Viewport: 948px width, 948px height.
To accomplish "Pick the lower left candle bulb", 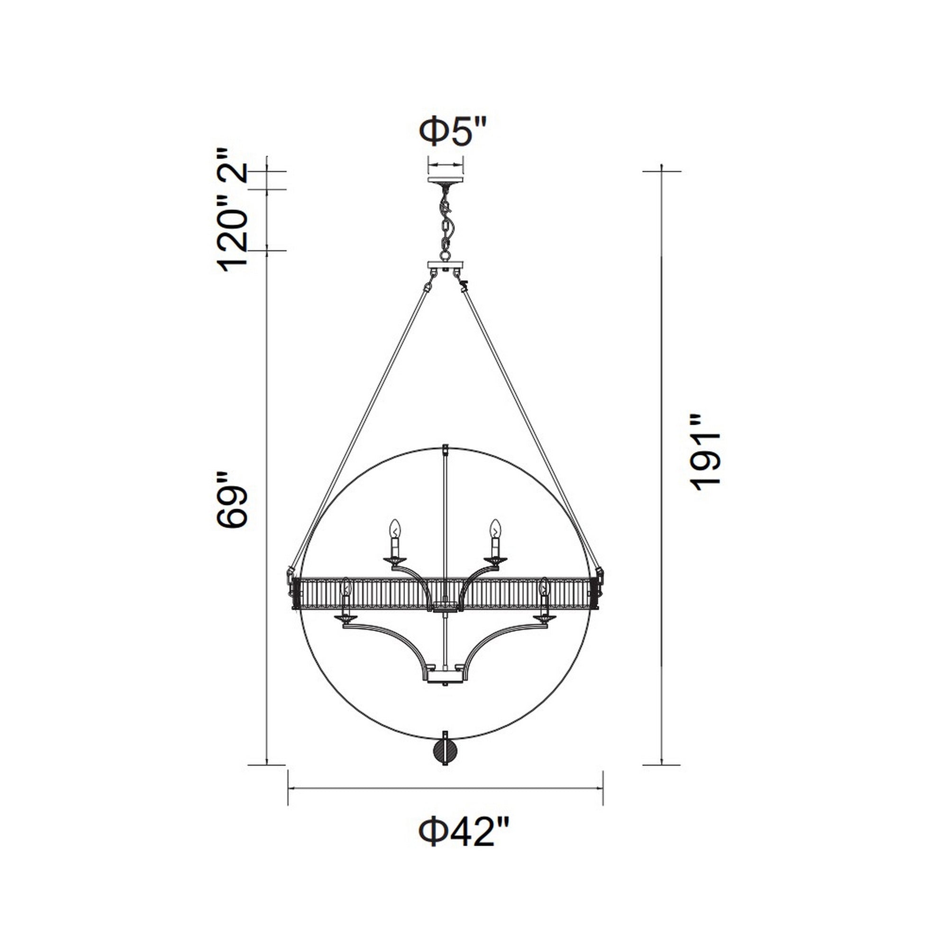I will tap(346, 588).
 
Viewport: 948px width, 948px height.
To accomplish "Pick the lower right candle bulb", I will tap(544, 588).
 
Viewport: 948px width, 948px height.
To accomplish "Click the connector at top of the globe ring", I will tap(446, 450).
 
